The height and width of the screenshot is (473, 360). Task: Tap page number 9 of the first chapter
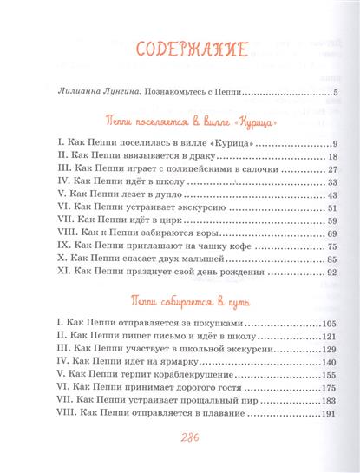pos(333,143)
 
